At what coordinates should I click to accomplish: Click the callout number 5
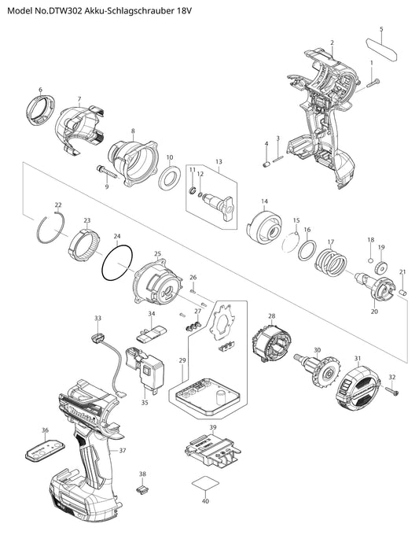tap(381, 29)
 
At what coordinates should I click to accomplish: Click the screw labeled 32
tap(391, 390)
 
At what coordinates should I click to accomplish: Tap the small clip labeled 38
tap(142, 489)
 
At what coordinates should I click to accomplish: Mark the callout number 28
tap(272, 316)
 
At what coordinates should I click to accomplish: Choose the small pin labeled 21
tap(403, 293)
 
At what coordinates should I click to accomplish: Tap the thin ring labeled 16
tap(307, 250)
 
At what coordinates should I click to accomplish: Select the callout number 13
tap(219, 161)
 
